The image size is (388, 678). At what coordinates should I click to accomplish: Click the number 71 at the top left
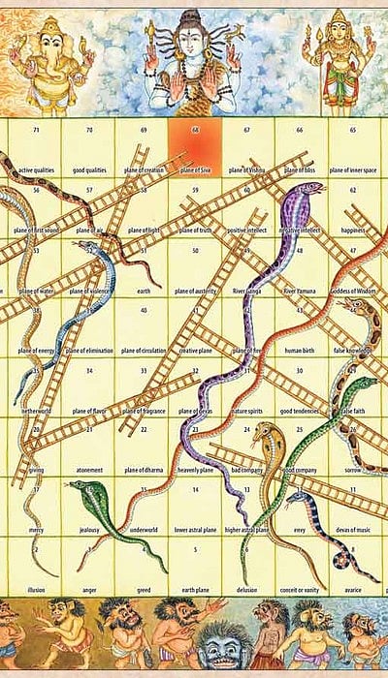click(x=36, y=130)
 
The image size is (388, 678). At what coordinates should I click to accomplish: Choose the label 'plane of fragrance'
click(x=142, y=410)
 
